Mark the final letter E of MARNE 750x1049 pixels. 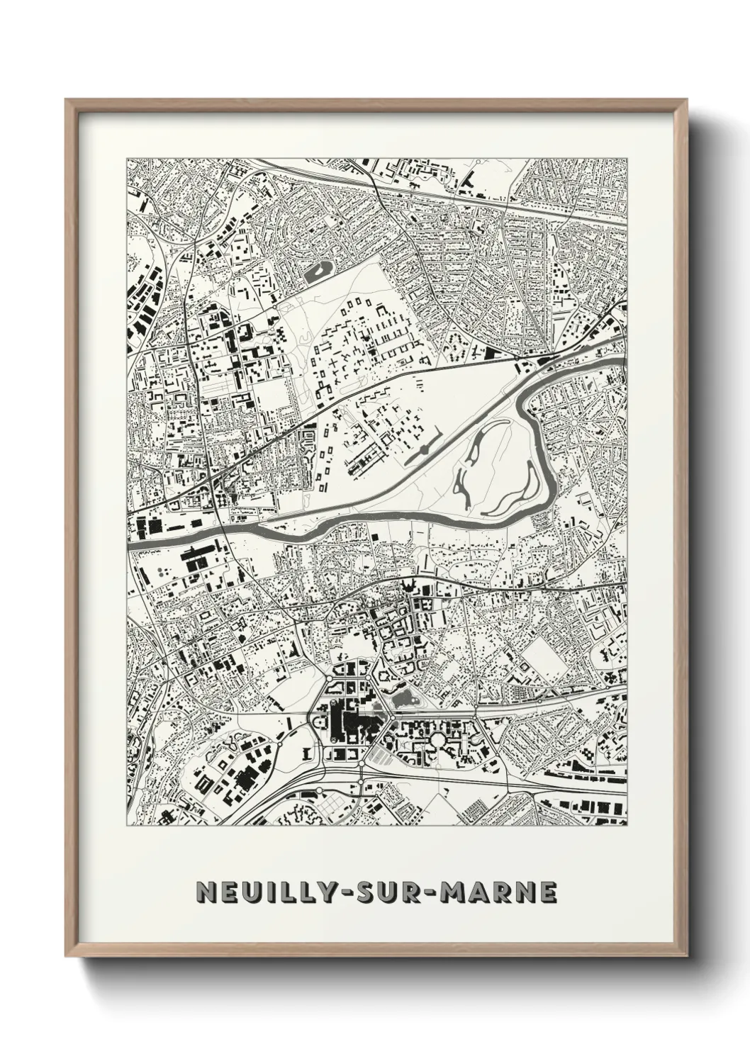[548, 893]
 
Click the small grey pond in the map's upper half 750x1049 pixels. [317, 270]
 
